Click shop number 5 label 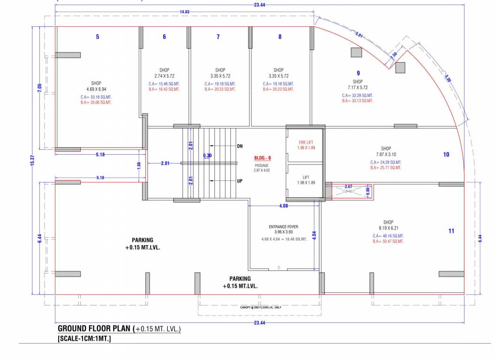click(x=98, y=37)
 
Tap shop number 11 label click(x=451, y=231)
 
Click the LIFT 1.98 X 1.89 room click(x=306, y=180)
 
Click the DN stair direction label click(x=239, y=146)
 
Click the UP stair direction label click(x=239, y=180)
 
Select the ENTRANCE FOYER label click(x=280, y=227)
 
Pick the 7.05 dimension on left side click(x=40, y=88)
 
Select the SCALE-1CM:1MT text click(x=84, y=338)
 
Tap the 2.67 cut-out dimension click(x=348, y=186)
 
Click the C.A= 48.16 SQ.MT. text click(x=388, y=236)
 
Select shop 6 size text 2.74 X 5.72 click(x=164, y=76)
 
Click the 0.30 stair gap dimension click(x=207, y=156)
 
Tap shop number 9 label click(x=358, y=73)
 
